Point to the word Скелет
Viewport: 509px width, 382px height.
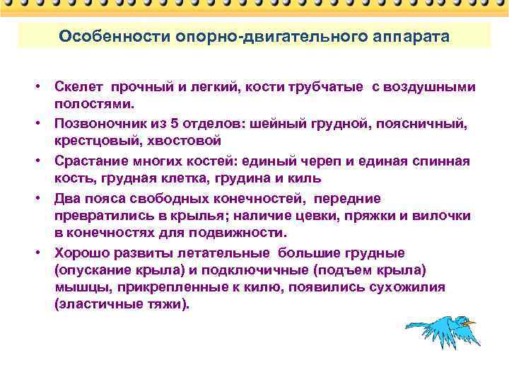(78, 87)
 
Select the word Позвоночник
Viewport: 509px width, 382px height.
(97, 124)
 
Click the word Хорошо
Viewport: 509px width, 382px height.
(79, 253)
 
